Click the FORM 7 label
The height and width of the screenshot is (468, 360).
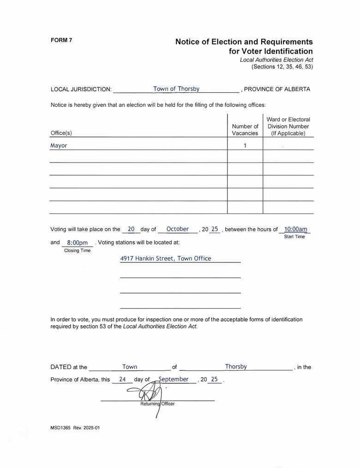pos(61,40)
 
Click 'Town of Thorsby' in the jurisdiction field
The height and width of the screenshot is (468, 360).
pos(176,89)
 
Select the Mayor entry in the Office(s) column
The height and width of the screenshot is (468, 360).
pos(59,146)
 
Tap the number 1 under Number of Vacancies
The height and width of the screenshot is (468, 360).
pos(245,146)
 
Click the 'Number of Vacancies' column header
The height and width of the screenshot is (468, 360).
pos(245,130)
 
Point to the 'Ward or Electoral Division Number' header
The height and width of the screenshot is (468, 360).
pos(288,126)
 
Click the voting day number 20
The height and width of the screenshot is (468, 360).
pos(131,229)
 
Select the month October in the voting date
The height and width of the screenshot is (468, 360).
pos(178,229)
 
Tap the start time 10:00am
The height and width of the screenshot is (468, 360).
pos(295,229)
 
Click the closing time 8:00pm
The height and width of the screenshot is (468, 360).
pos(78,243)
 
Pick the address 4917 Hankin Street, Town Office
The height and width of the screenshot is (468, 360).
pos(166,259)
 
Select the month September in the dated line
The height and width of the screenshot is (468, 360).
pos(174,379)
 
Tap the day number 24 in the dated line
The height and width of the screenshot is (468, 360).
pos(122,379)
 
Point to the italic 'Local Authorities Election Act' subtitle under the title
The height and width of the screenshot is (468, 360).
pos(276,60)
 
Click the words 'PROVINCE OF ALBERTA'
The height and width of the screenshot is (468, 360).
pos(277,89)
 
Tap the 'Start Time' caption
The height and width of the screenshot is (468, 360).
pos(294,237)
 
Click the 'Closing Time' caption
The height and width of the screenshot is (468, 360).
pos(77,251)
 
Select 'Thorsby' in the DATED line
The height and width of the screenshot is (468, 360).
pos(236,367)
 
